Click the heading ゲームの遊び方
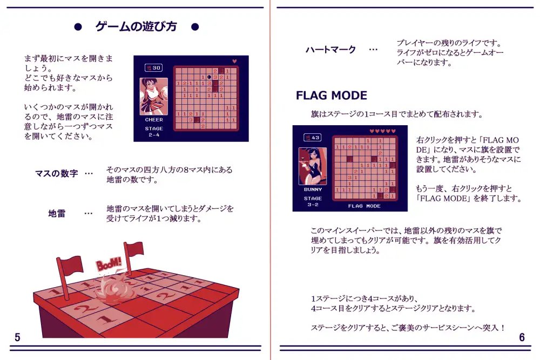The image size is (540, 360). click(x=136, y=26)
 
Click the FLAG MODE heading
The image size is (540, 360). click(x=332, y=96)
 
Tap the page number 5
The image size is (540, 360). click(x=18, y=337)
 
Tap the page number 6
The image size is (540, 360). click(x=522, y=337)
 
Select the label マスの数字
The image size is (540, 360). click(x=57, y=173)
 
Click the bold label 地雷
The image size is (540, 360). click(x=57, y=214)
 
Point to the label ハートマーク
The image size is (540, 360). click(x=330, y=50)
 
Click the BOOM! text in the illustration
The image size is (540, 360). click(x=109, y=264)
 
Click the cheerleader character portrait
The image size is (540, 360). click(x=153, y=97)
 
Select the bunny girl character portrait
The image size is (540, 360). click(x=313, y=166)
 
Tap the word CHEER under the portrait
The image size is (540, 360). click(x=154, y=120)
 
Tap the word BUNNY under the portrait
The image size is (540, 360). click(x=313, y=189)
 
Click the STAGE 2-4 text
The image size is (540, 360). click(x=154, y=132)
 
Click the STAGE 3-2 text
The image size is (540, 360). click(x=313, y=201)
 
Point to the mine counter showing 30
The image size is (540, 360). click(x=153, y=68)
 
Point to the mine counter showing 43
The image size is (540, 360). click(x=312, y=137)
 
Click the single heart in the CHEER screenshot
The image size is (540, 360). click(x=234, y=62)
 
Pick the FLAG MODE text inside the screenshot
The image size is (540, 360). click(x=364, y=206)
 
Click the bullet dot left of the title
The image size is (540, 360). click(x=78, y=27)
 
